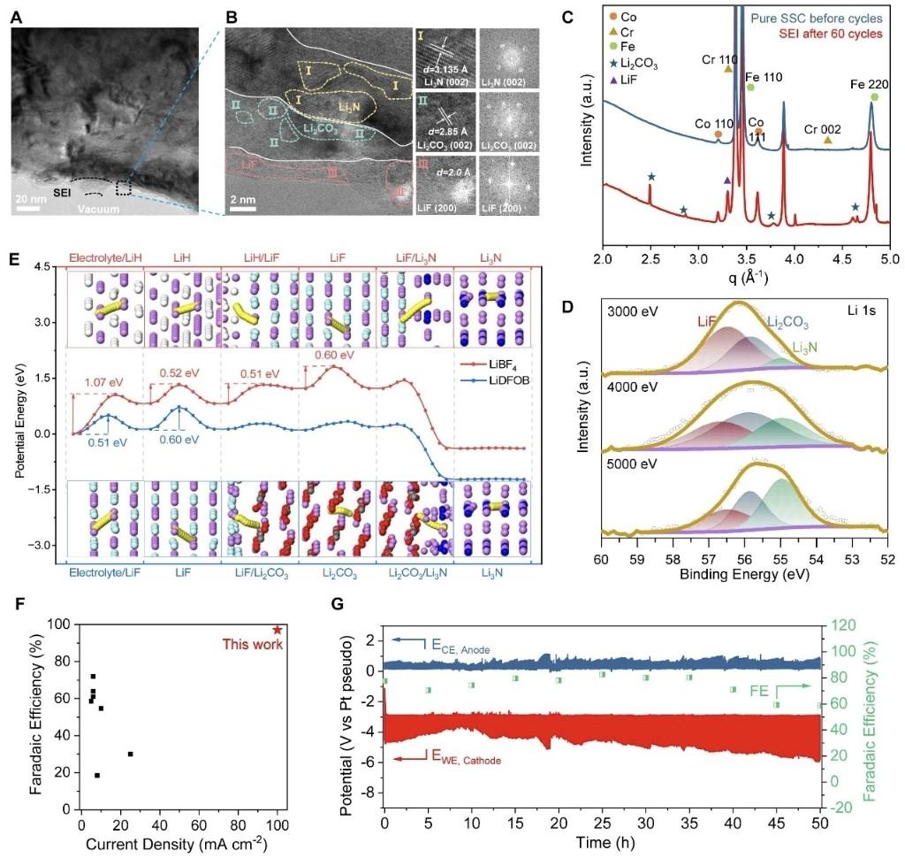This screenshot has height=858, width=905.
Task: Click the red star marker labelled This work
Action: (278, 629)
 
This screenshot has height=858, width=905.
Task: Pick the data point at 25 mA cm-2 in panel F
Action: (131, 754)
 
